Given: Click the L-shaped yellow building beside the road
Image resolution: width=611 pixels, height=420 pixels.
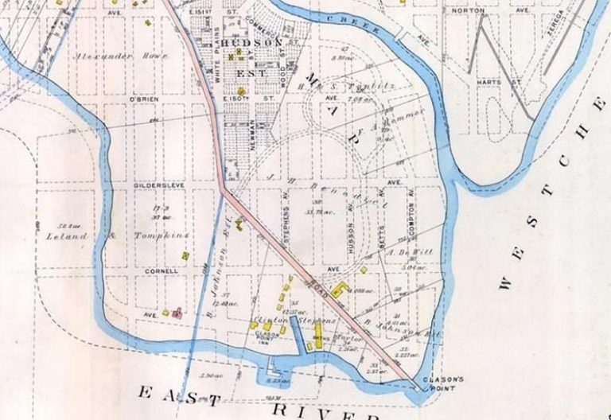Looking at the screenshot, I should point(339,289).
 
